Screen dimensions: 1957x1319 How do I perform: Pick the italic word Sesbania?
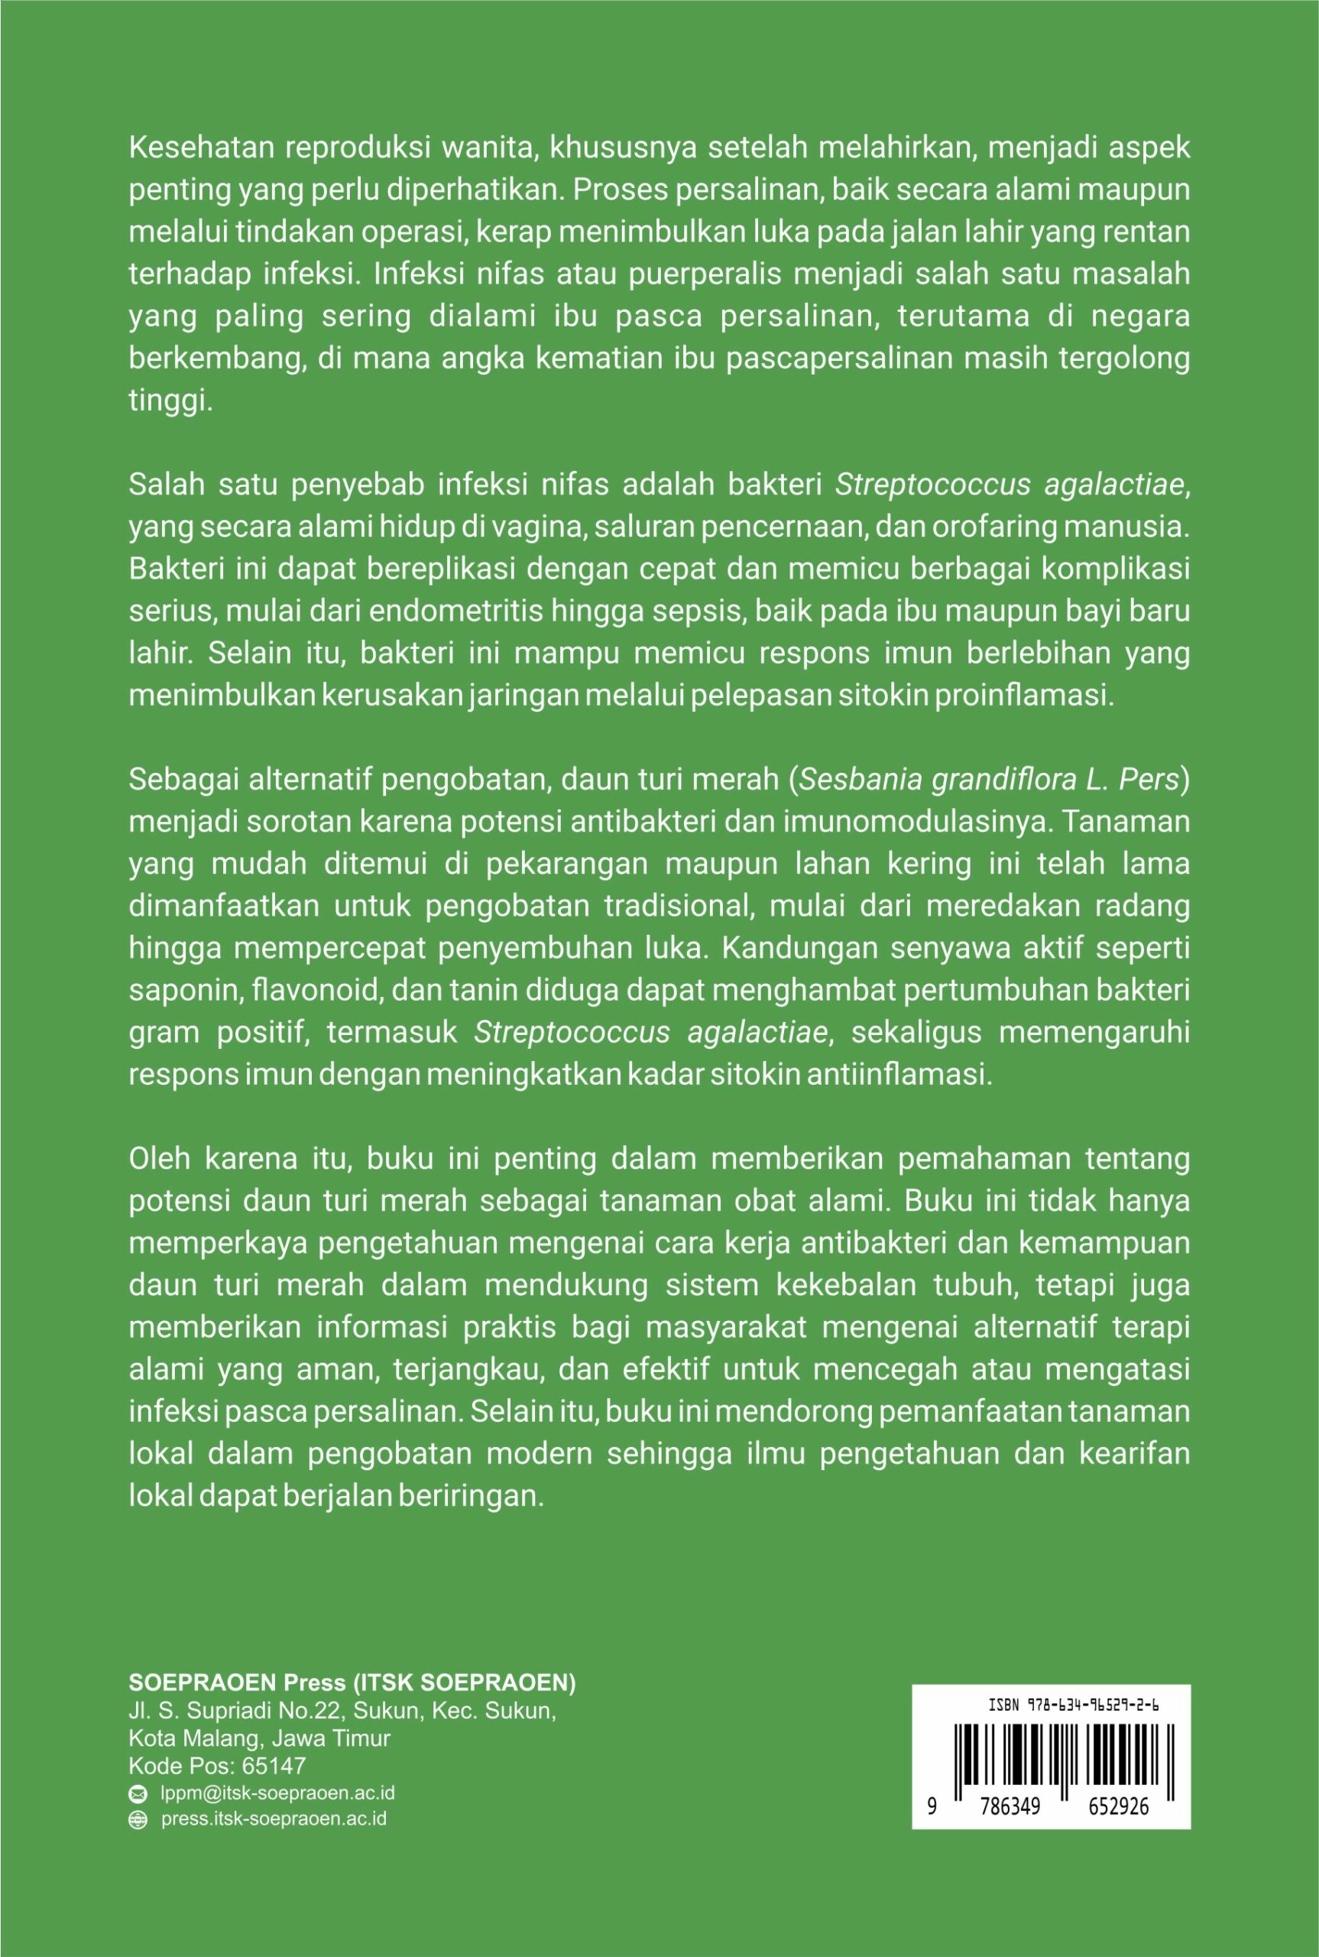click(857, 780)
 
